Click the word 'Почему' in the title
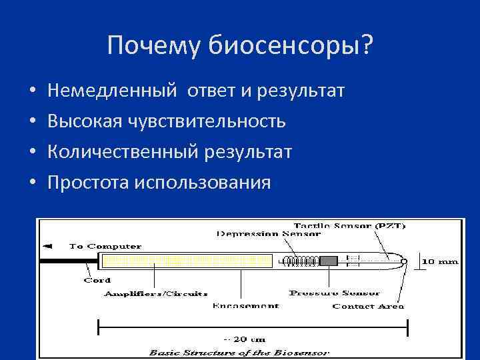click(x=154, y=46)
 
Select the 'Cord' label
click(x=97, y=280)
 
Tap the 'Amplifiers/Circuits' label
click(x=155, y=293)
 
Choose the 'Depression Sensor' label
click(x=269, y=234)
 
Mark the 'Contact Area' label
click(x=368, y=306)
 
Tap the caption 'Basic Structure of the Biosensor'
click(x=240, y=351)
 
